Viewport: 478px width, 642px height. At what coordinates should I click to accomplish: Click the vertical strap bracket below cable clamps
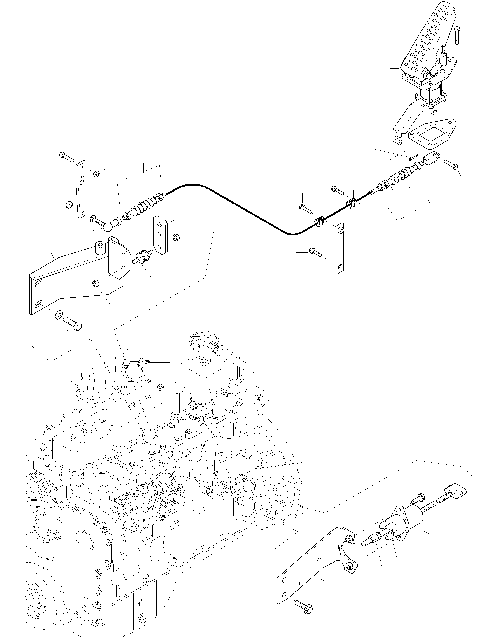pyautogui.click(x=339, y=249)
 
